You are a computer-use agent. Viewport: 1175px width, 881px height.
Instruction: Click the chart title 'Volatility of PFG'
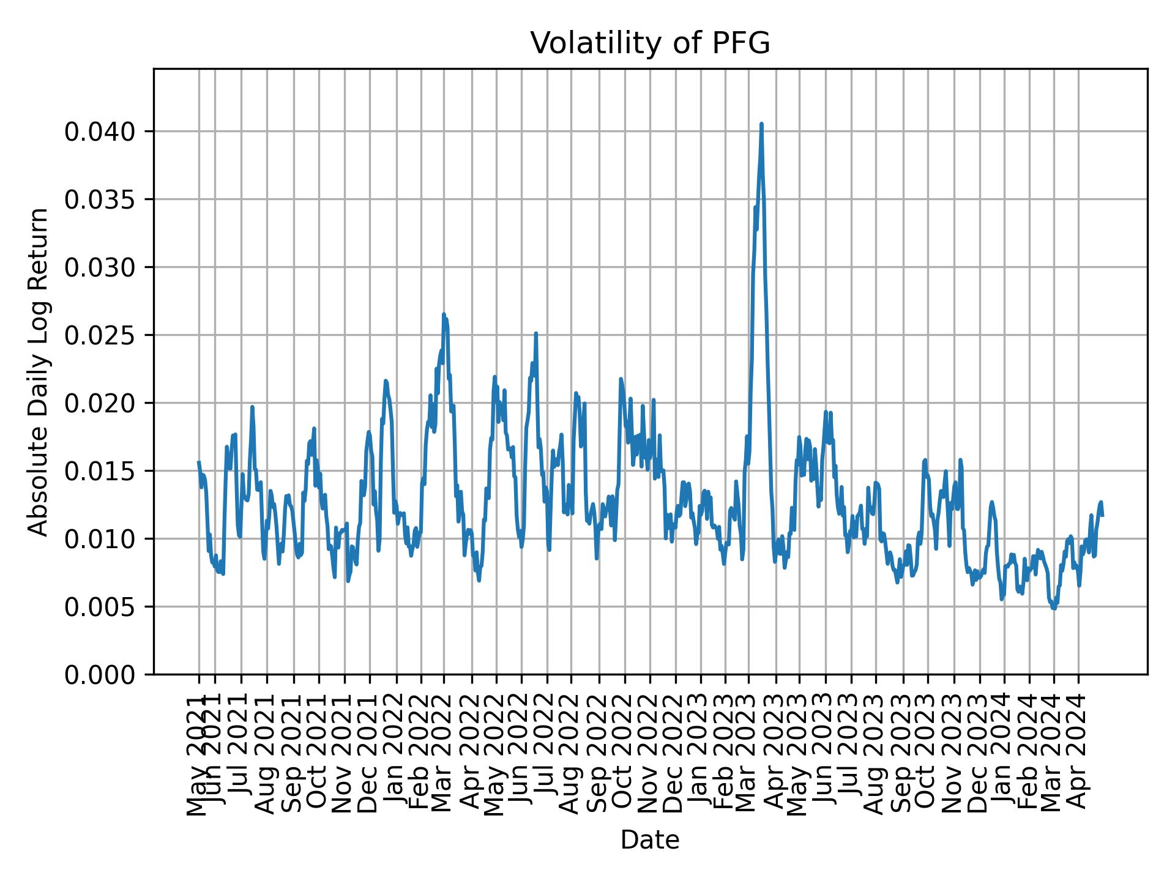coord(650,44)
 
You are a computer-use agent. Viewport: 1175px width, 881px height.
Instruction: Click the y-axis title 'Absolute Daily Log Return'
coord(39,371)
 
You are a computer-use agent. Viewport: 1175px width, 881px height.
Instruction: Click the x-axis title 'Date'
coord(650,840)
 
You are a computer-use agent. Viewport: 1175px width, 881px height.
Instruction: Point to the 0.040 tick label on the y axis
coord(100,132)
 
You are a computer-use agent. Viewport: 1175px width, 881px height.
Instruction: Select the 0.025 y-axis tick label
coord(100,335)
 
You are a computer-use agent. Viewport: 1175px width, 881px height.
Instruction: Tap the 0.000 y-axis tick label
coord(100,675)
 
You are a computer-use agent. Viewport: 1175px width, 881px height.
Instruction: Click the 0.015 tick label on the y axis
coord(100,471)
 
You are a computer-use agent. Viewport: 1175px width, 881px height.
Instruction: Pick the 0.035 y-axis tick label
coord(100,199)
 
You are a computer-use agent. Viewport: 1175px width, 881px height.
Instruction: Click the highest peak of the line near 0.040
coord(761,124)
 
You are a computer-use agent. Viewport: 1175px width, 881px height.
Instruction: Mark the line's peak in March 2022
coord(444,314)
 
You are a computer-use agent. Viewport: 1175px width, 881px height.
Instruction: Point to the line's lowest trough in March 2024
coord(1054,608)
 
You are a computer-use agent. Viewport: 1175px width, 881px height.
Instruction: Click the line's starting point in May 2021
coord(199,463)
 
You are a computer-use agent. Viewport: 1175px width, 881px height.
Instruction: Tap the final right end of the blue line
coord(1102,515)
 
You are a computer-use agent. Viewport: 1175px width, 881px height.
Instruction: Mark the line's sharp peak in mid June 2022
coord(535,333)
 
